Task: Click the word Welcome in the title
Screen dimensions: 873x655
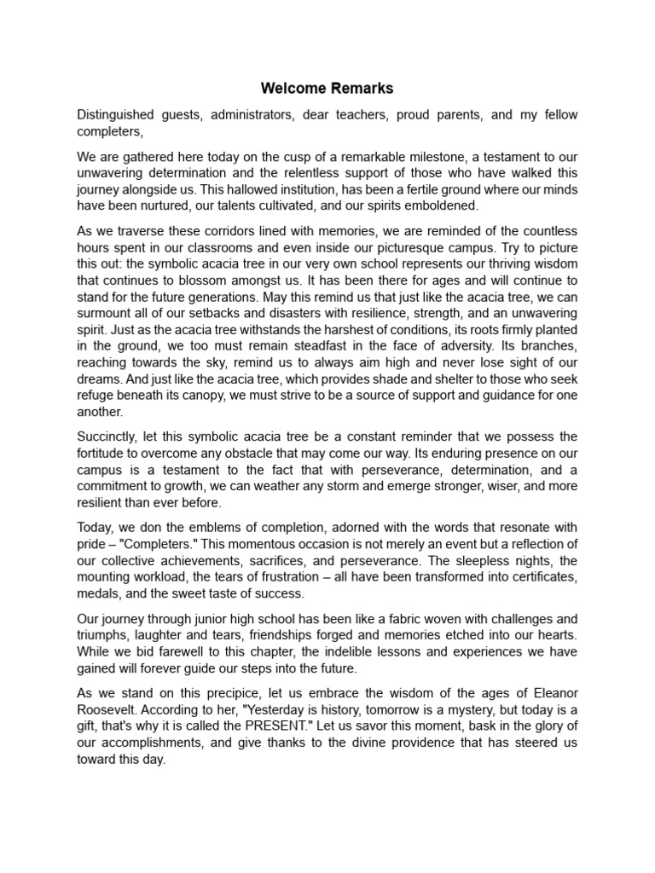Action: (290, 88)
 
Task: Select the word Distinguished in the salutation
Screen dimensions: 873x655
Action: (118, 114)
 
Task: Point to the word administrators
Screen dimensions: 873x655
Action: (248, 114)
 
